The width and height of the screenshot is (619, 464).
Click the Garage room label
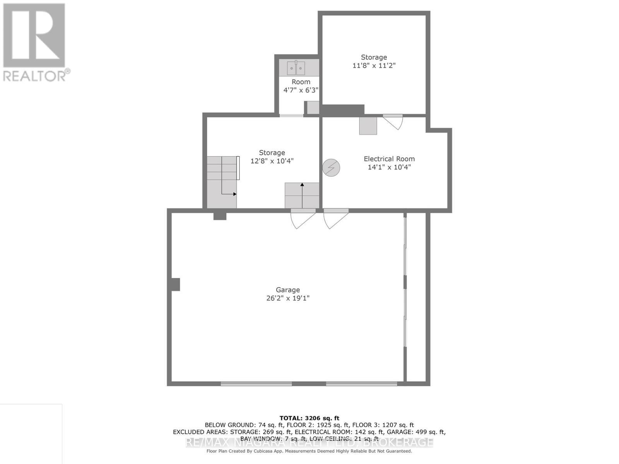click(287, 290)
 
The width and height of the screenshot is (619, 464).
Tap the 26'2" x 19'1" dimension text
click(287, 298)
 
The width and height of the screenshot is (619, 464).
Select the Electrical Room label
click(389, 159)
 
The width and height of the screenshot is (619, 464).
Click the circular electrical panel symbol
click(331, 168)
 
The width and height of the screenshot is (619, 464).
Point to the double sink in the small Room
click(296, 68)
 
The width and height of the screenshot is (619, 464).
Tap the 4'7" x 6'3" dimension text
click(301, 90)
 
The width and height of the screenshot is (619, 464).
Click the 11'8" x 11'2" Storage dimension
click(374, 66)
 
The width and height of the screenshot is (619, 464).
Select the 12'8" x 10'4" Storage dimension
click(272, 161)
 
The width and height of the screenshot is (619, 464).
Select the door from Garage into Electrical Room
click(336, 218)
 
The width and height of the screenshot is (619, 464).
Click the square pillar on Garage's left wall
click(176, 284)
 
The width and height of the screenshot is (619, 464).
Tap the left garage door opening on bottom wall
click(256, 384)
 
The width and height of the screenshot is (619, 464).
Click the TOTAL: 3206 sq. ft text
click(309, 418)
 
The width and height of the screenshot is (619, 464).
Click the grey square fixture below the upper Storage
click(368, 126)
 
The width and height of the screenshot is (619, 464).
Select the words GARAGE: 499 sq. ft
click(416, 432)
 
